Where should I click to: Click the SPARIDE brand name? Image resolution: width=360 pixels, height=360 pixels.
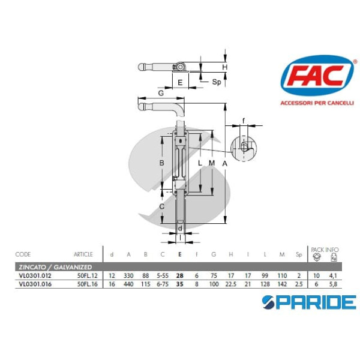pyautogui.click(x=313, y=301)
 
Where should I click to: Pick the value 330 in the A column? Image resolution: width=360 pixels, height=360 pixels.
pyautogui.click(x=128, y=275)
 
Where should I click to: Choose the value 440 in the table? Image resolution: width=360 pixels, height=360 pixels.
pyautogui.click(x=128, y=284)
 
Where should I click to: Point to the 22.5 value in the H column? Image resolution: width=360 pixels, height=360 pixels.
pyautogui.click(x=230, y=284)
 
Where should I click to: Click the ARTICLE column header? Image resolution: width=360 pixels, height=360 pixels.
pyautogui.click(x=83, y=254)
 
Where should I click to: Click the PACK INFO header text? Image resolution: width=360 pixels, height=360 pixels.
pyautogui.click(x=325, y=248)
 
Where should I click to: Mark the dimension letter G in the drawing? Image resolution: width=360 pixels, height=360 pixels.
pyautogui.click(x=161, y=94)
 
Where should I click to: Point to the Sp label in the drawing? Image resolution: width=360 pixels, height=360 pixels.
pyautogui.click(x=217, y=82)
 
